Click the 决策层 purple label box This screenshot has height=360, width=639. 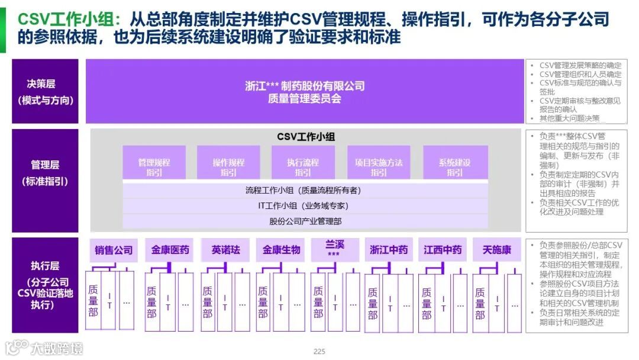pyautogui.click(x=45, y=91)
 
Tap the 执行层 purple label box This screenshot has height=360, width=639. pyautogui.click(x=45, y=285)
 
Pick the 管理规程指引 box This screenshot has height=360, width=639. pyautogui.click(x=154, y=167)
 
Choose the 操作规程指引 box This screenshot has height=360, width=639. pyautogui.click(x=228, y=167)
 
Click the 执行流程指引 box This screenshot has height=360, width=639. pyautogui.click(x=303, y=167)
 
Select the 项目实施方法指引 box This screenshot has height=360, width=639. pyautogui.click(x=379, y=167)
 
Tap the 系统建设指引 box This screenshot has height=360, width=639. pyautogui.click(x=455, y=167)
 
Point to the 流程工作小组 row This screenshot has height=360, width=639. pyautogui.click(x=305, y=191)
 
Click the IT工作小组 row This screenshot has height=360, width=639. pyautogui.click(x=305, y=206)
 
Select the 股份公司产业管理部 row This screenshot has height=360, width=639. pyautogui.click(x=305, y=221)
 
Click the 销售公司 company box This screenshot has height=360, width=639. pyautogui.click(x=114, y=250)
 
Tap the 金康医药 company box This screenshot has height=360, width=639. pyautogui.click(x=170, y=250)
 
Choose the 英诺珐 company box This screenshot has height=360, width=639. pyautogui.click(x=225, y=250)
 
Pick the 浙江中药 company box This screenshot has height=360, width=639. pyautogui.click(x=388, y=250)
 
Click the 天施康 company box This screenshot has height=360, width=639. pyautogui.click(x=496, y=250)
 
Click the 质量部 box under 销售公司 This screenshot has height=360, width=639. pyautogui.click(x=93, y=301)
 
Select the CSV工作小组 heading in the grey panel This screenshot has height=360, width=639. pyautogui.click(x=306, y=137)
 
